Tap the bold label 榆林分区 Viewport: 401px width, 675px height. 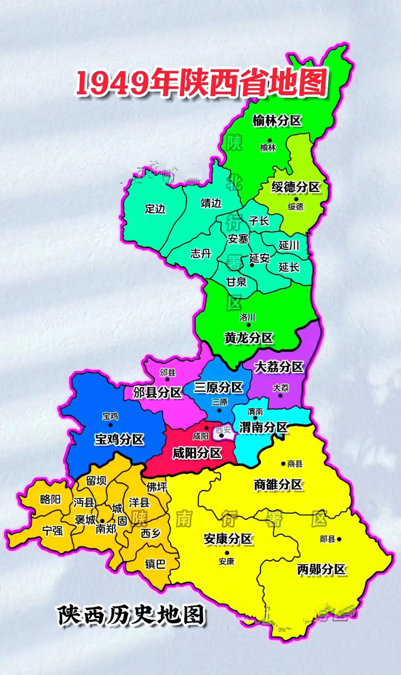277,121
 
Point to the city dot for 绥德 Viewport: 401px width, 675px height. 296,199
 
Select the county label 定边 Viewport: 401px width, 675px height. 155,209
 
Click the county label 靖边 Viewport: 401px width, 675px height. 211,203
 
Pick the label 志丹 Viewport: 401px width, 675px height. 201,253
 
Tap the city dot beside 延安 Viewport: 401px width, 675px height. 252,265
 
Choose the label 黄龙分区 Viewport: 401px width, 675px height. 249,338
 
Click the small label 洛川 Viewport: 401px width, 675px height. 247,317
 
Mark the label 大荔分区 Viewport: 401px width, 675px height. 279,367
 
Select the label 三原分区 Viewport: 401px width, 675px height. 218,387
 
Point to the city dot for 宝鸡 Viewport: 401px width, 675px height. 110,425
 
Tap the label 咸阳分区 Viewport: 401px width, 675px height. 197,453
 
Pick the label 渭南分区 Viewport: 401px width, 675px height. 263,427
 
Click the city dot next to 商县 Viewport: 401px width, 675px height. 284,464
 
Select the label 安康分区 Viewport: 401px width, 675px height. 228,539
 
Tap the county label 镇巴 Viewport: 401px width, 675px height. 155,564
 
